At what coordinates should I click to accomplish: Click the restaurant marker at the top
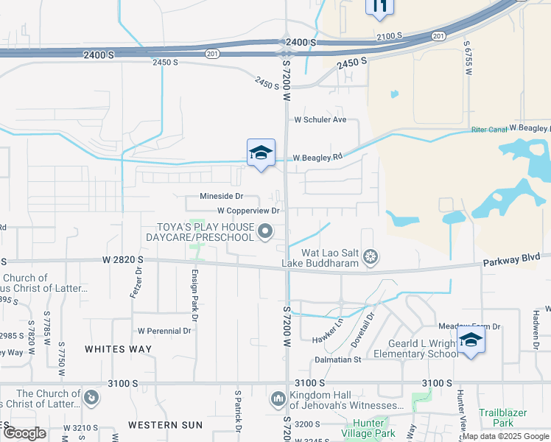coord(379,7)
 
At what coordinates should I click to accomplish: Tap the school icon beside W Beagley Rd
coord(261,153)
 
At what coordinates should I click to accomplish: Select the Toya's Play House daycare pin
coord(265,234)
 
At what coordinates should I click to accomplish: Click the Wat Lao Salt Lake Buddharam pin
coord(371,256)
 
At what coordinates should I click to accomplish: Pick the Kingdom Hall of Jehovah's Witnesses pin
coord(278,399)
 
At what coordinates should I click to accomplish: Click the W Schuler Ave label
coord(320,119)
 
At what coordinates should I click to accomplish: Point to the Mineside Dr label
coord(221,197)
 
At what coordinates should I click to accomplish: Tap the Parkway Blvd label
coord(511,259)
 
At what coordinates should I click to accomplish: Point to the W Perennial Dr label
coord(164,331)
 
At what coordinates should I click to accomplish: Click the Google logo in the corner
coord(24,432)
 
